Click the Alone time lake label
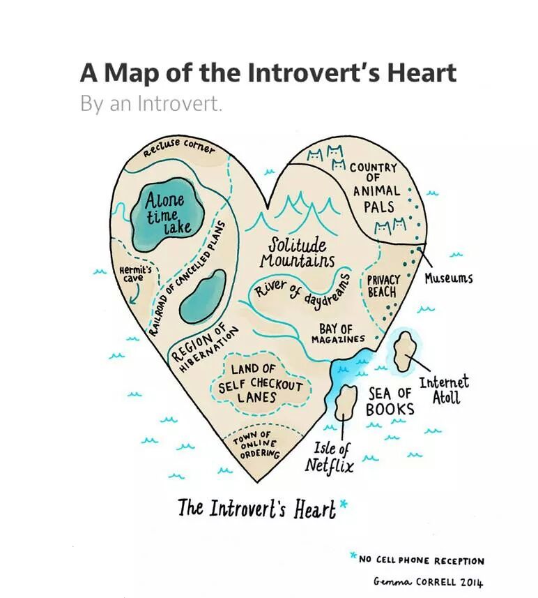[x=166, y=214]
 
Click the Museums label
[x=449, y=278]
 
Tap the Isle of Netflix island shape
[x=346, y=402]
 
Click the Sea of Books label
[x=390, y=401]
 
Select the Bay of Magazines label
[x=337, y=334]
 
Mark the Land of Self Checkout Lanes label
[x=260, y=383]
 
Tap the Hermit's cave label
[x=135, y=274]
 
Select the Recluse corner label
[x=178, y=148]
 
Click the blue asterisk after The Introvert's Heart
[x=343, y=504]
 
